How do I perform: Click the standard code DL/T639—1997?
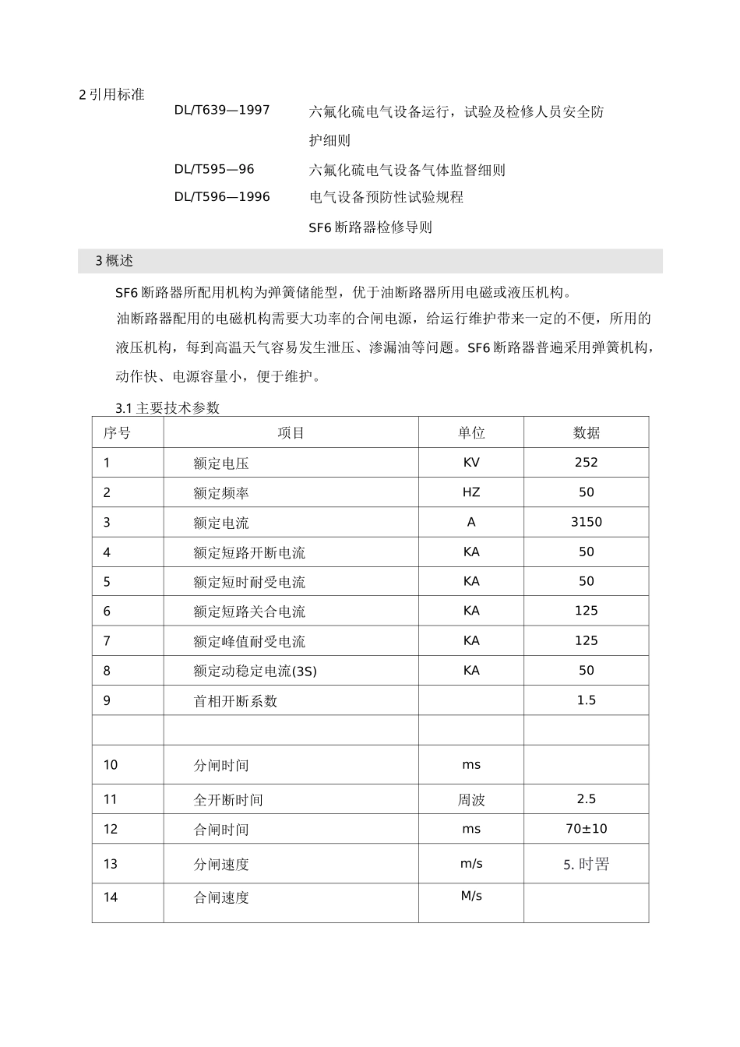tap(221, 110)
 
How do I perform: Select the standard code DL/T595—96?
tap(213, 169)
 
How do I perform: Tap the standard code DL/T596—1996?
tap(221, 197)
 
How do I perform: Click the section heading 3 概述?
tap(114, 261)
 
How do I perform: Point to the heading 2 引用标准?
tap(112, 95)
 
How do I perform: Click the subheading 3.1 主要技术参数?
tap(167, 408)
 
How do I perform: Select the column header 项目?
tap(291, 433)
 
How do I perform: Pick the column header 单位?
tap(471, 433)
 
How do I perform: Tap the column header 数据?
tap(586, 433)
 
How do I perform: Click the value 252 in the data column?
tap(586, 463)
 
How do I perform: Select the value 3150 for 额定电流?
tap(586, 522)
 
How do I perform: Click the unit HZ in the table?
tap(471, 492)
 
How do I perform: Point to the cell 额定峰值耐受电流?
tap(249, 641)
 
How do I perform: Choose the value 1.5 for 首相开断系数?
tap(586, 700)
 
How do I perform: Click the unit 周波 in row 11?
tap(471, 799)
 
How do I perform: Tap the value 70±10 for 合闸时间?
tap(586, 829)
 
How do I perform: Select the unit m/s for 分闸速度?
tap(471, 863)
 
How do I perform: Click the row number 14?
tap(111, 897)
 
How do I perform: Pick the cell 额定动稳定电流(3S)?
tap(255, 671)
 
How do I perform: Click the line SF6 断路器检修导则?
tap(370, 227)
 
